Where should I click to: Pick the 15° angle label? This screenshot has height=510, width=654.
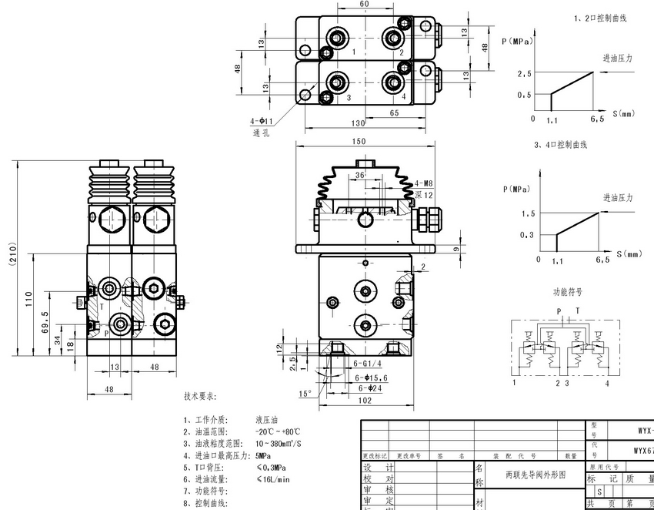pyautogui.click(x=305, y=394)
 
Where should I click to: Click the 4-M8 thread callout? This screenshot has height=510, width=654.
pyautogui.click(x=425, y=183)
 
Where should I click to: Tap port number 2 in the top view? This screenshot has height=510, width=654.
pyautogui.click(x=402, y=52)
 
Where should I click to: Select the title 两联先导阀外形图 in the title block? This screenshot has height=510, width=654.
pyautogui.click(x=532, y=475)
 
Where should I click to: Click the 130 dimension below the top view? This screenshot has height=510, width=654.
pyautogui.click(x=359, y=123)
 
